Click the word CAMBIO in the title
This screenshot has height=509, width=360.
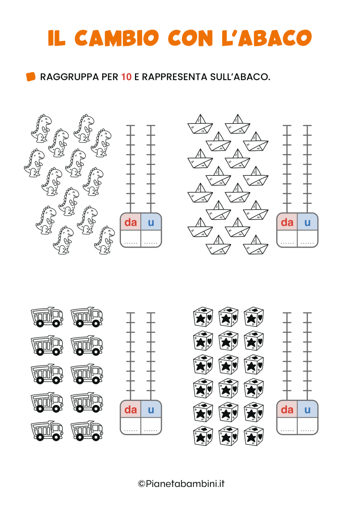pyautogui.click(x=117, y=38)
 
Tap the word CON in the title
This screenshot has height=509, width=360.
pyautogui.click(x=191, y=38)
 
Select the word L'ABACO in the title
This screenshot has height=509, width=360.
pyautogui.click(x=267, y=37)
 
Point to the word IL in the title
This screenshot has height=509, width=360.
pyautogui.click(x=57, y=38)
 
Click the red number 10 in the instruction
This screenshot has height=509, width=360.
pyautogui.click(x=126, y=77)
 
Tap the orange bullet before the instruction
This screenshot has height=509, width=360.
pyautogui.click(x=30, y=76)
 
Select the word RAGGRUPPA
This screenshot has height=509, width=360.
pyautogui.click(x=69, y=77)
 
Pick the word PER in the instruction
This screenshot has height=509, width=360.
pyautogui.click(x=110, y=77)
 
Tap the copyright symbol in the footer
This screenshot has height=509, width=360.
pyautogui.click(x=142, y=484)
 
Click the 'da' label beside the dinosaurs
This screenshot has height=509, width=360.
pyautogui.click(x=130, y=222)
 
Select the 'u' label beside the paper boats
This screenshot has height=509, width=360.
pyautogui.click(x=307, y=223)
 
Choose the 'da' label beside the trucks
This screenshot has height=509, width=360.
pyautogui.click(x=130, y=410)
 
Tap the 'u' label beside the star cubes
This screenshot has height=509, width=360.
pyautogui.click(x=307, y=410)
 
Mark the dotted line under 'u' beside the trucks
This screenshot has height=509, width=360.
pyautogui.click(x=151, y=430)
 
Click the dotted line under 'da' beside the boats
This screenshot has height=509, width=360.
pyautogui.click(x=287, y=243)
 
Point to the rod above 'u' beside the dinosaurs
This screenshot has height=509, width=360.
pyautogui.click(x=150, y=169)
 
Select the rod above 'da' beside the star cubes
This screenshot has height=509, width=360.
pyautogui.click(x=287, y=356)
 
